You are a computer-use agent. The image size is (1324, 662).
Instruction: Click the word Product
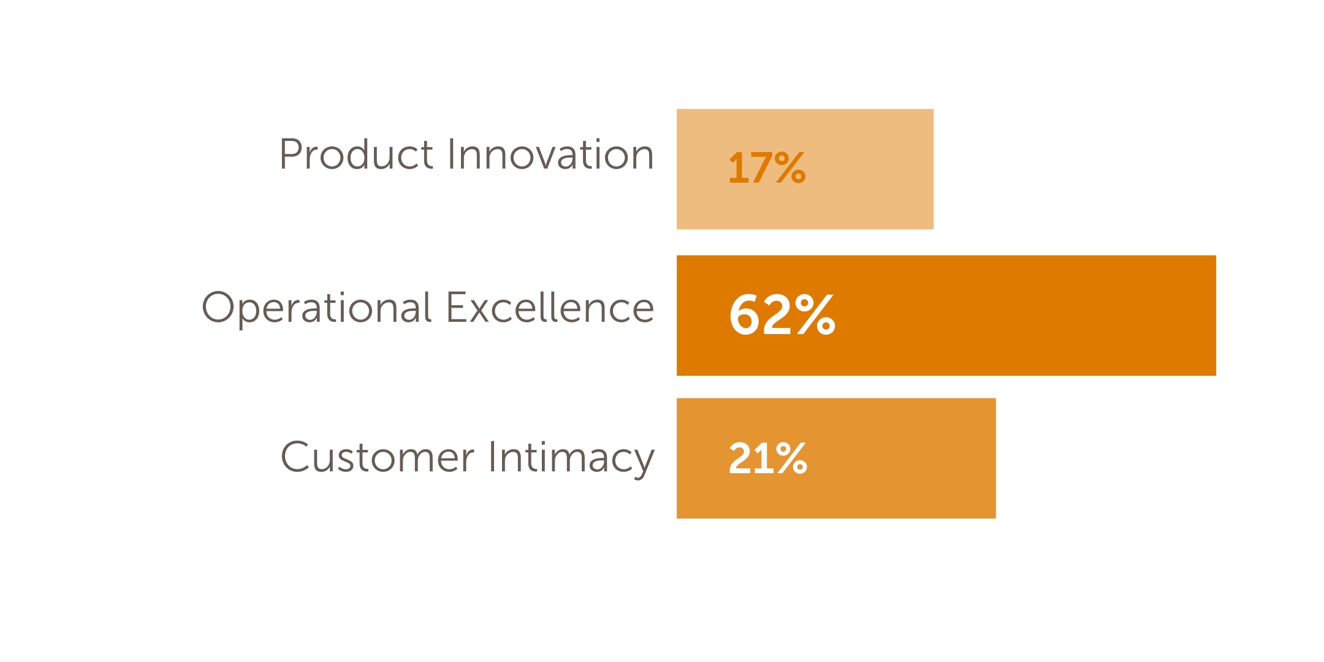(356, 154)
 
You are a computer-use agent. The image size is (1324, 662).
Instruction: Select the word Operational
(317, 308)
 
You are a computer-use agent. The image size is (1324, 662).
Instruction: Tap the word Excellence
(550, 308)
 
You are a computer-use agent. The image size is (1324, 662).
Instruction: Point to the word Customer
(377, 457)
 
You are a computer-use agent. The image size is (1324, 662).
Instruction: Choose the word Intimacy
(571, 458)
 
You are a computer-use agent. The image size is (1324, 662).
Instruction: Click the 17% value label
(766, 168)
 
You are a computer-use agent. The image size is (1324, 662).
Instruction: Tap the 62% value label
(782, 314)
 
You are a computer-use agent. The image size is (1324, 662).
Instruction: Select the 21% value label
(767, 458)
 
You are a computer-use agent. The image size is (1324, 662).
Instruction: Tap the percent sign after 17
(789, 168)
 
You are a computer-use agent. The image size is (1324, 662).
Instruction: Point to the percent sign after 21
(791, 458)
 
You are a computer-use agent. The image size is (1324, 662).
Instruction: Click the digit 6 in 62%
(744, 314)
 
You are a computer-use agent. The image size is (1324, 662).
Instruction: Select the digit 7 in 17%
(759, 168)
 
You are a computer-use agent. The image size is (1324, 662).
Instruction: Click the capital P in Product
(291, 154)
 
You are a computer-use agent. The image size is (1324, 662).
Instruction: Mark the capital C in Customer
(296, 457)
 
